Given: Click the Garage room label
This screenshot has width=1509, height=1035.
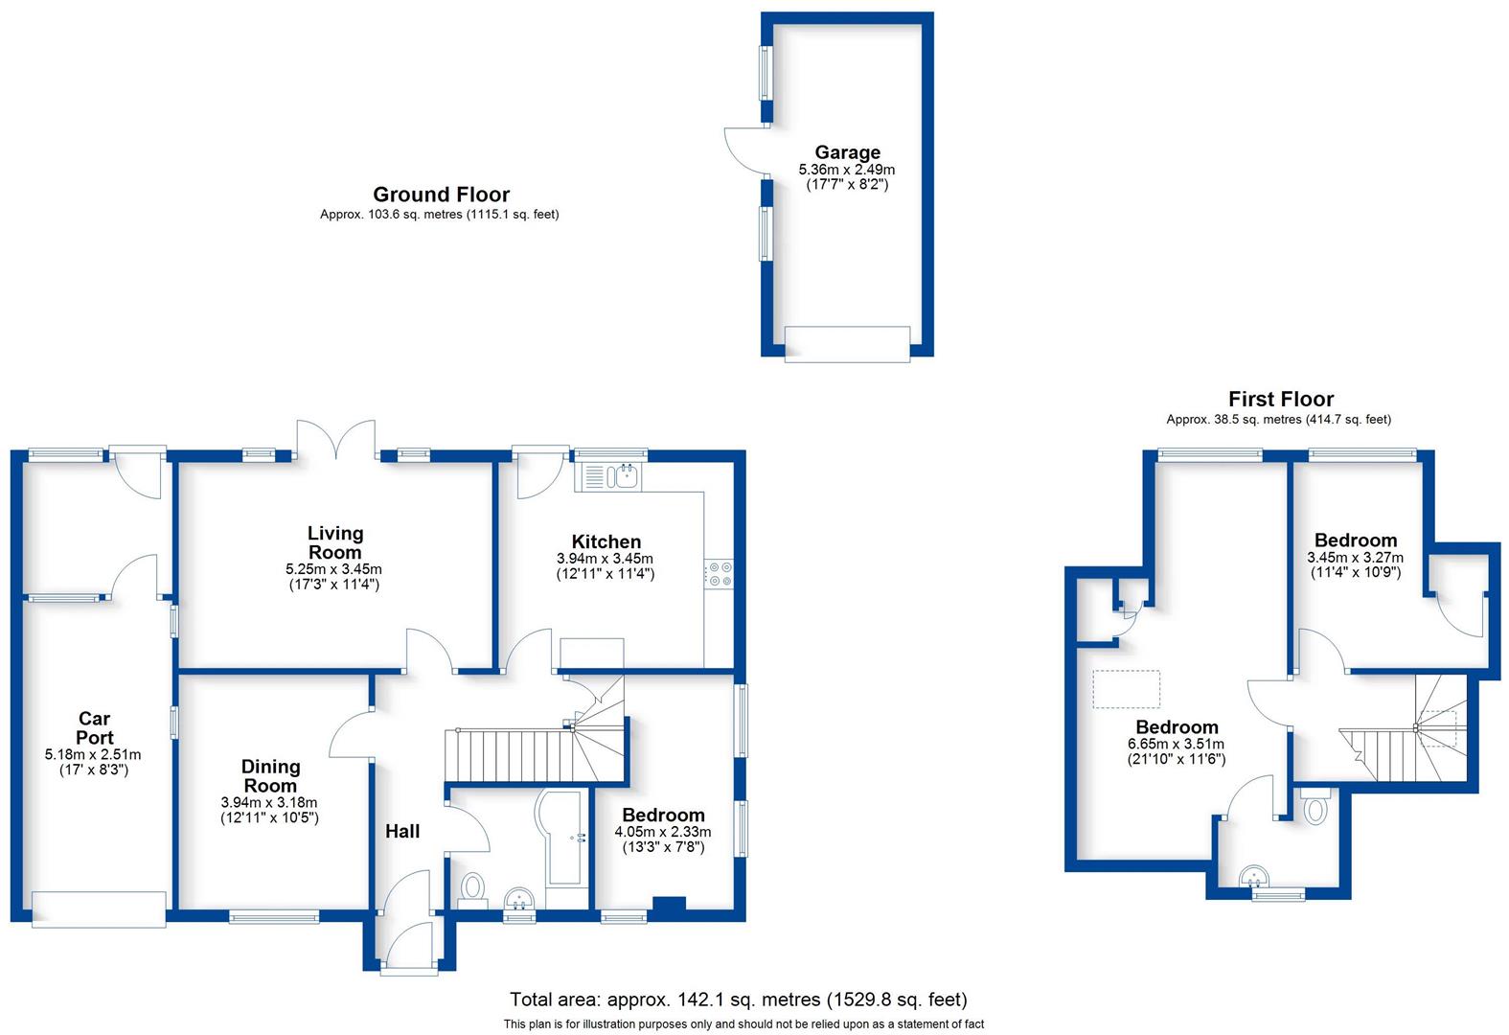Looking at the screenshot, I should click(847, 152).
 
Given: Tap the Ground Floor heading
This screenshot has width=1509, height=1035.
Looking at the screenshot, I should click(441, 195).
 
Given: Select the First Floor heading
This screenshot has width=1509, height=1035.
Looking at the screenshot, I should click(1280, 399).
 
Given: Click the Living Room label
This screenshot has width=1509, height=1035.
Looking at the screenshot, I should click(334, 542).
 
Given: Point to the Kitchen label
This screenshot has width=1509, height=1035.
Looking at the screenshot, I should click(606, 541).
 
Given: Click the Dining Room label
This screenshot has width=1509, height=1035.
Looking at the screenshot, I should click(270, 775).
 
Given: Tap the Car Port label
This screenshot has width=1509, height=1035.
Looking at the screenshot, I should click(94, 727).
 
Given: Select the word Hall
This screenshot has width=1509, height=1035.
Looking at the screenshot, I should click(402, 831).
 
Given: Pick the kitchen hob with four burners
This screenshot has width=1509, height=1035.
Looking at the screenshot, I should click(719, 574).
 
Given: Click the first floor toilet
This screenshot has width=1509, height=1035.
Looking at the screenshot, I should click(1315, 807).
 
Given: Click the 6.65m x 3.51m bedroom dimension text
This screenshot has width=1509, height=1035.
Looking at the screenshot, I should click(1176, 744).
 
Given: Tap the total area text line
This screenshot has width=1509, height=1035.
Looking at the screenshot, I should click(738, 1000).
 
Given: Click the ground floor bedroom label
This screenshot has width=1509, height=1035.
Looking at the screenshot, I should click(663, 816).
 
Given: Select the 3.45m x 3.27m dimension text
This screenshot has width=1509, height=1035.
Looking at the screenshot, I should click(1355, 557).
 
